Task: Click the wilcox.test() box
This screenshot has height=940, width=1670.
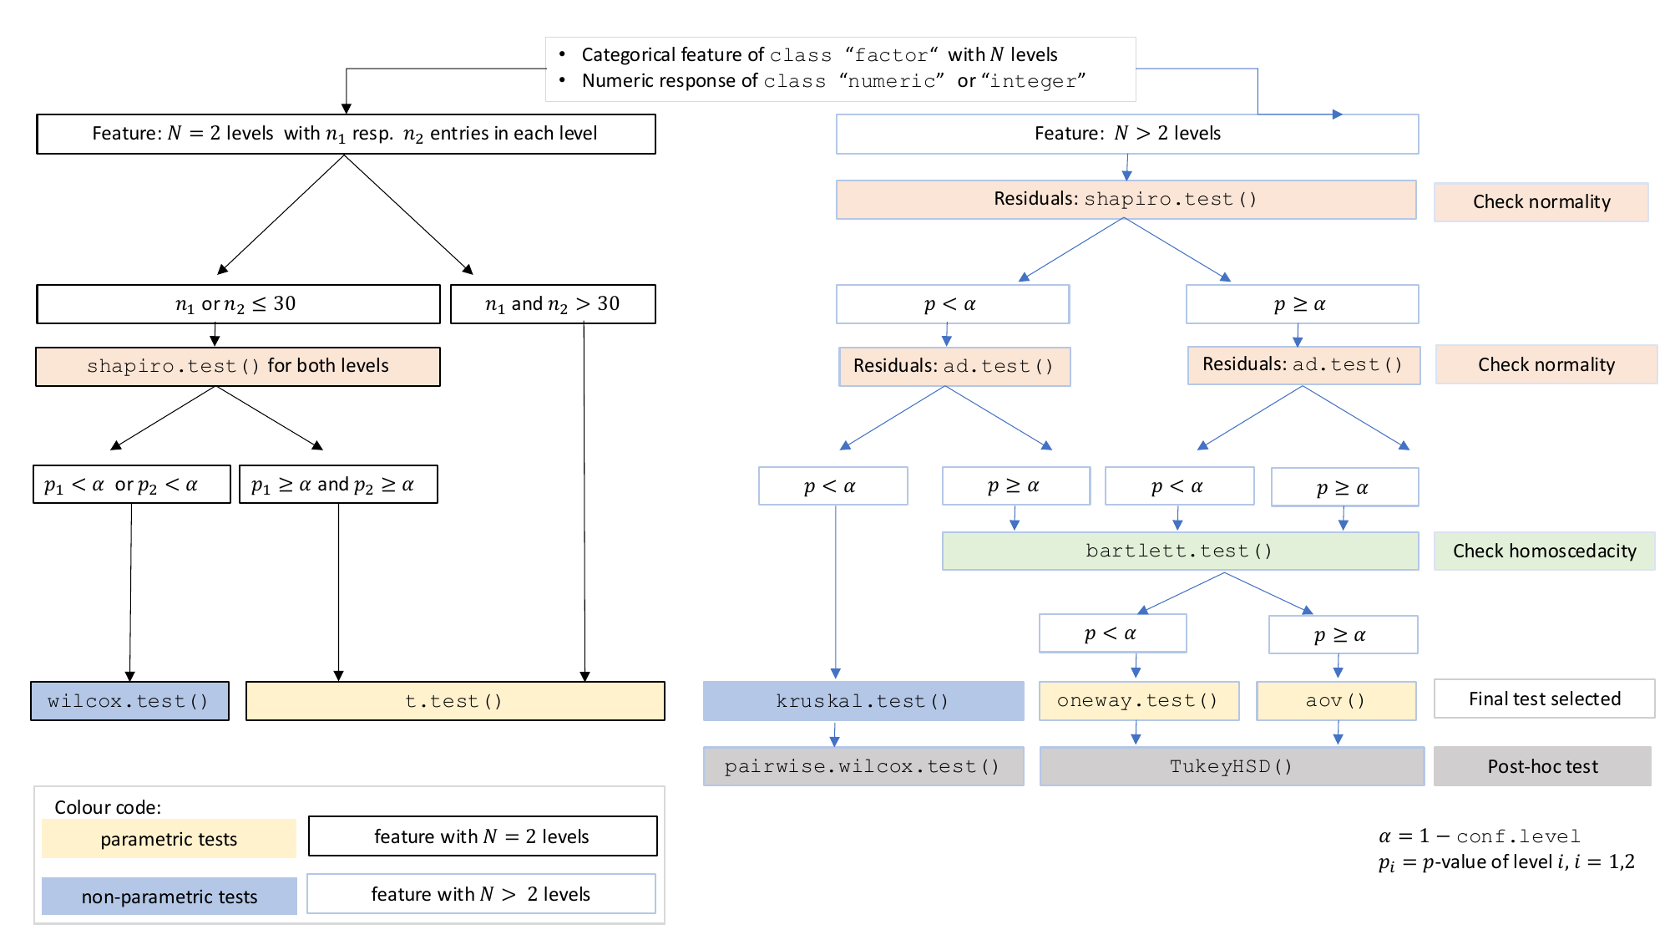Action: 129,701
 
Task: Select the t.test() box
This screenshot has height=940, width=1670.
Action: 455,701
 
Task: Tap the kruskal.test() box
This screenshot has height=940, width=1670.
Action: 863,701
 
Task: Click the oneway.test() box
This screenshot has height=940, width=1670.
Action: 1138,701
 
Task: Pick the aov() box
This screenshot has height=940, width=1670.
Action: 1336,701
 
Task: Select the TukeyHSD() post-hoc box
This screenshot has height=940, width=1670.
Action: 1232,766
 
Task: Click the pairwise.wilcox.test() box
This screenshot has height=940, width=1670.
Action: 863,766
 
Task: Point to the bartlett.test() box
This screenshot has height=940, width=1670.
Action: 1179,551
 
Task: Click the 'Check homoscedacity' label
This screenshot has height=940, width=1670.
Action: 1544,551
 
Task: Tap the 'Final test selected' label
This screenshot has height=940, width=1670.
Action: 1544,699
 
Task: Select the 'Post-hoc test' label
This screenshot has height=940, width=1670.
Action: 1542,766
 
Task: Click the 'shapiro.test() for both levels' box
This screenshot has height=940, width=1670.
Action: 238,367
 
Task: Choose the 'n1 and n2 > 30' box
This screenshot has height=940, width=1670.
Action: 553,304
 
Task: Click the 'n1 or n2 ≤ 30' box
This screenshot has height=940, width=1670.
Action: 238,304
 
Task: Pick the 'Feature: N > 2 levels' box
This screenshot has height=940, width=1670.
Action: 1126,134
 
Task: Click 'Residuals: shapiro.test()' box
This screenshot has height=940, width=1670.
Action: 1126,200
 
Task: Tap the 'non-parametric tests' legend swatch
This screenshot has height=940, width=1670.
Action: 169,897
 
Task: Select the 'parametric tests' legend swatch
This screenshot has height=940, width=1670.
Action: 169,839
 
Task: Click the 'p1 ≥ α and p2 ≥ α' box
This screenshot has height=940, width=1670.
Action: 338,485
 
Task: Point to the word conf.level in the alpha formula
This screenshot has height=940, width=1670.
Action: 1518,836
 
